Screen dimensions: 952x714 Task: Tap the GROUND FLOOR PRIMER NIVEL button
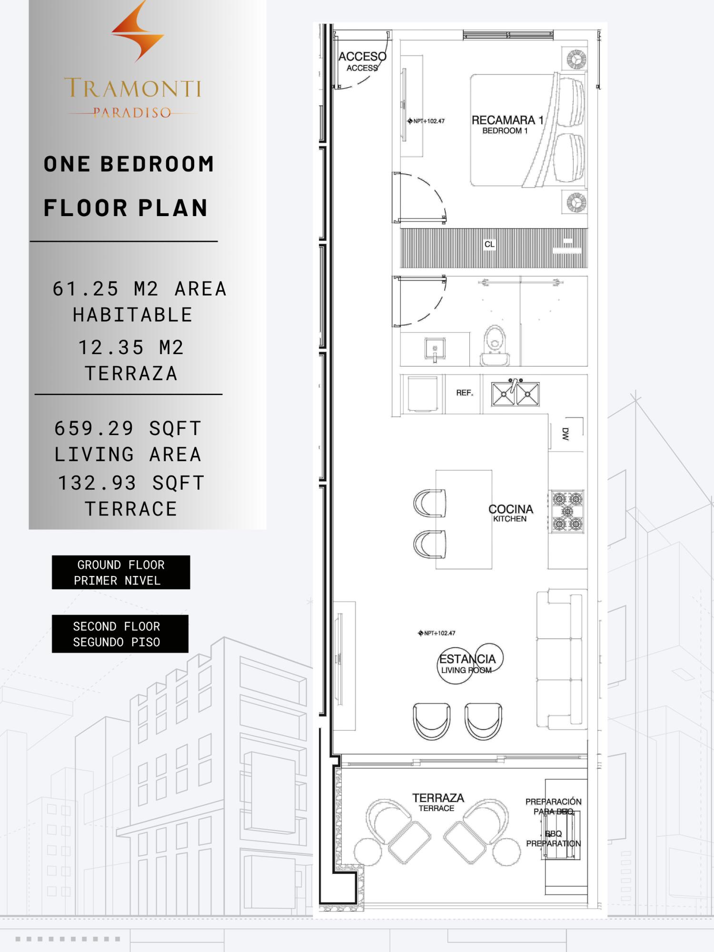pos(121,572)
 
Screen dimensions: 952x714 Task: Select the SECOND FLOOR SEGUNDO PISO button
pos(120,634)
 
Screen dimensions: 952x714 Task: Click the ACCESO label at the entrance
pos(362,57)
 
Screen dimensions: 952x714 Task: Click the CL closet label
pos(489,244)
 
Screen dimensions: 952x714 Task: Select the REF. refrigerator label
pos(465,393)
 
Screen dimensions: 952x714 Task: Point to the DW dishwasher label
pos(565,434)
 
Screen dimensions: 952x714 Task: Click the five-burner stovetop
pos(567,511)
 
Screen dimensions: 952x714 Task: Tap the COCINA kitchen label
pos(511,509)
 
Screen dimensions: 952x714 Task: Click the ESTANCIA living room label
pos(467,659)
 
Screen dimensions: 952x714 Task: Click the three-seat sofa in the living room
pos(560,659)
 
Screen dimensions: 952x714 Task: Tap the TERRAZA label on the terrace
pos(438,798)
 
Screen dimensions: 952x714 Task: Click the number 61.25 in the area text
pos(86,288)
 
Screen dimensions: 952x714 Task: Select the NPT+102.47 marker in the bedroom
pos(426,121)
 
